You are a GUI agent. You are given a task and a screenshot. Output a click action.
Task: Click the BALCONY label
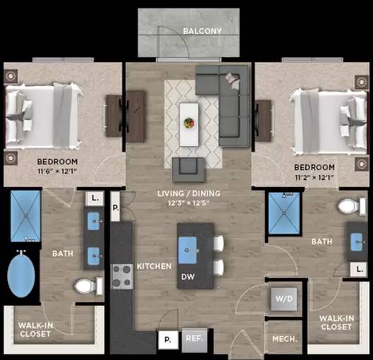tap(202, 31)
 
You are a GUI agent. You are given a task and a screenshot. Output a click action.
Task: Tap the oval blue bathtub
tap(21, 276)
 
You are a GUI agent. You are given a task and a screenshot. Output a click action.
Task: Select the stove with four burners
tap(123, 277)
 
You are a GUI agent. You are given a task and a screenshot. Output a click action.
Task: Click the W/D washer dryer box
tap(283, 299)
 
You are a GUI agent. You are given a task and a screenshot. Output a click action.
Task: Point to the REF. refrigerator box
tap(195, 340)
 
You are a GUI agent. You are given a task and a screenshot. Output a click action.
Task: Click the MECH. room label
tap(285, 339)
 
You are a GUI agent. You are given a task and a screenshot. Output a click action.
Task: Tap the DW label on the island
tap(188, 277)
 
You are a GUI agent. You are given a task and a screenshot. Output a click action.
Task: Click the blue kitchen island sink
tap(188, 250)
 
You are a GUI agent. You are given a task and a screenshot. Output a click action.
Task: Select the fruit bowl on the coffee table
tap(189, 123)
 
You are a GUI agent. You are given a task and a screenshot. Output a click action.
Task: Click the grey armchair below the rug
tap(188, 169)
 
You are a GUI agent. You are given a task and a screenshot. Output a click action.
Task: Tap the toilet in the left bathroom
tap(89, 286)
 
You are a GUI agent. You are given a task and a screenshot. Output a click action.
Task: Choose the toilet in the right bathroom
tap(352, 206)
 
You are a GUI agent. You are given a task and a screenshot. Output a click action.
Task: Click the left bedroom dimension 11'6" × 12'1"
tap(57, 171)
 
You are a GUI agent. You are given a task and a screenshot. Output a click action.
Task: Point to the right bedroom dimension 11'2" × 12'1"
tap(314, 177)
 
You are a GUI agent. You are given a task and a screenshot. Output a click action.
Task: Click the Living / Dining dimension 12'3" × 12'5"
tap(188, 203)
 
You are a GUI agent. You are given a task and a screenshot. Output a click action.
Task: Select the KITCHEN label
tap(154, 266)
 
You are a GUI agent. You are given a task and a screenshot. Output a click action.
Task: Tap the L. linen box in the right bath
tap(358, 269)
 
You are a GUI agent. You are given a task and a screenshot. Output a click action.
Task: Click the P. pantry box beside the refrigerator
tap(169, 340)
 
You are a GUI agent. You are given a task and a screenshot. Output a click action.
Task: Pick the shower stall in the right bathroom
tap(284, 213)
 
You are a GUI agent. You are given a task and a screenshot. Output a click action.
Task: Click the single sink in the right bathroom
tap(357, 242)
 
